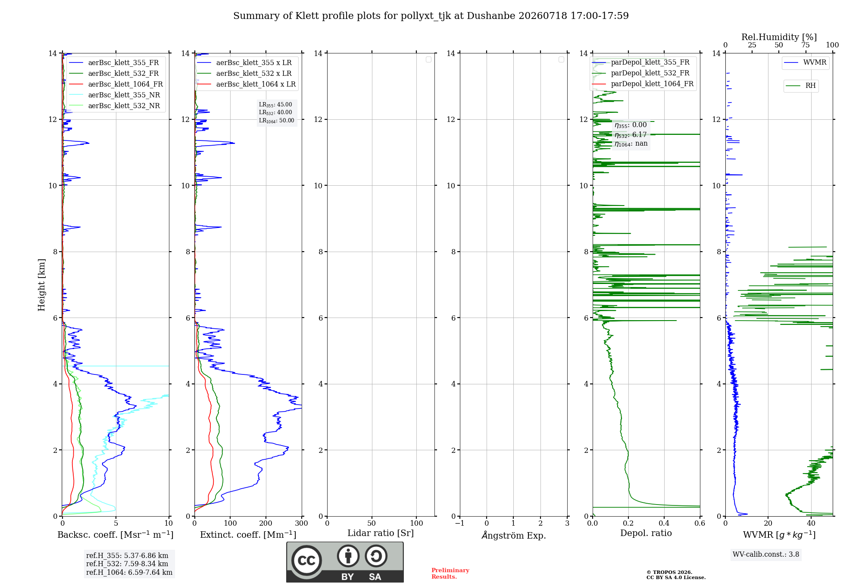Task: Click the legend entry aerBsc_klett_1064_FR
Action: tap(116, 84)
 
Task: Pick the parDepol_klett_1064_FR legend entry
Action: tap(643, 84)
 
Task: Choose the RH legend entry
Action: tap(801, 86)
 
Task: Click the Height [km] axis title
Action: tap(41, 285)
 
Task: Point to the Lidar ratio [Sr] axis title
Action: tap(381, 533)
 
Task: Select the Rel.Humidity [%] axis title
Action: tap(779, 37)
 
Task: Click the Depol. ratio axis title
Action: tap(646, 533)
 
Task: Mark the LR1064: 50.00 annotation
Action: tap(277, 121)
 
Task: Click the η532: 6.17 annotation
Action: tap(631, 135)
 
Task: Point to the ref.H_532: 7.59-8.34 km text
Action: tap(127, 564)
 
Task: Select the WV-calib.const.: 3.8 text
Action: tap(766, 555)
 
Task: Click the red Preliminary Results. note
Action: tap(450, 574)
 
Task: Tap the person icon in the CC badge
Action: tap(348, 556)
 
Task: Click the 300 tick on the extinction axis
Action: tap(302, 523)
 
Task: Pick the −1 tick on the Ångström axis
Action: tap(460, 523)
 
